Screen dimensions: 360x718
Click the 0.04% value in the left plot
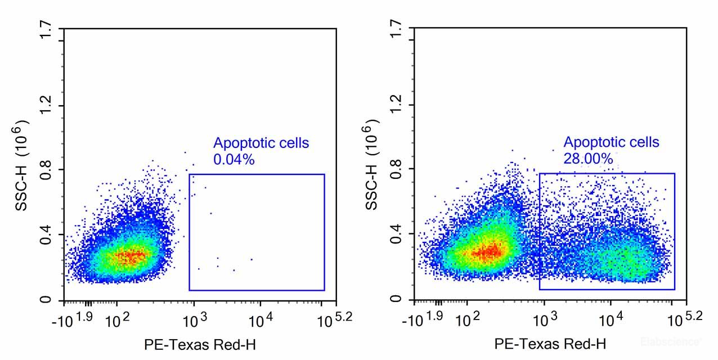(234, 160)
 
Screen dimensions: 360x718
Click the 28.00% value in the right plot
(588, 159)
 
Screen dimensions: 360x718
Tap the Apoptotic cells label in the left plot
(261, 143)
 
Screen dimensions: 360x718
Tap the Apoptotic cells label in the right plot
(611, 142)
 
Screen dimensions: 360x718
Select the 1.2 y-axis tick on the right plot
(397, 105)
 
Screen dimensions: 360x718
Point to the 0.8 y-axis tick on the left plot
(46, 169)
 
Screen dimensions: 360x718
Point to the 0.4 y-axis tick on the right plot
(397, 233)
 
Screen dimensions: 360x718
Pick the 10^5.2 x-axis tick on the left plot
(335, 319)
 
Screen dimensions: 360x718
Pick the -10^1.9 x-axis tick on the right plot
(423, 319)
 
